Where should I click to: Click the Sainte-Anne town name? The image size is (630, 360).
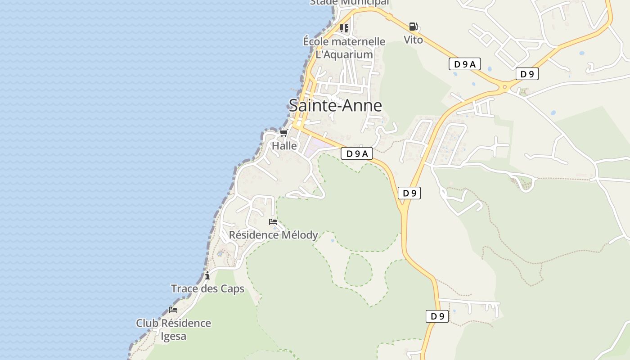tap(335, 105)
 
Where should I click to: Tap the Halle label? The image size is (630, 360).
tap(284, 146)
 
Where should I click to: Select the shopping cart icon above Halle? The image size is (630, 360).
tap(283, 133)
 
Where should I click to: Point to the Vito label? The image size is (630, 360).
tap(413, 40)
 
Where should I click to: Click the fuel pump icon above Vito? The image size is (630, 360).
tap(413, 27)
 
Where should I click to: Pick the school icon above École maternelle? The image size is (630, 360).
tap(344, 28)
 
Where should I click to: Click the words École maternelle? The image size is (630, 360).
tap(344, 41)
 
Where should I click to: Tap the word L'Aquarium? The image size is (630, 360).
tap(344, 54)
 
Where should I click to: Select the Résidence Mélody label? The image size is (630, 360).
tap(273, 235)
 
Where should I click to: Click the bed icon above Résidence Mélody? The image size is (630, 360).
tap(273, 222)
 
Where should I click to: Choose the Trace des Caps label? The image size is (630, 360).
tap(207, 288)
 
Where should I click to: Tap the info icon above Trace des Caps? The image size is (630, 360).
tap(207, 275)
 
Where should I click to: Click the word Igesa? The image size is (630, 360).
tap(173, 336)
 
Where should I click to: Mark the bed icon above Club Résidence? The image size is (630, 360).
tap(173, 310)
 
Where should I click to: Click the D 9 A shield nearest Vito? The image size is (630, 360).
tap(464, 64)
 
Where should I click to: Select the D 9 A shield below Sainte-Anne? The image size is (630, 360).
tap(357, 153)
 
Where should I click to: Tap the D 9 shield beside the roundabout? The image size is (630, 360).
tap(527, 74)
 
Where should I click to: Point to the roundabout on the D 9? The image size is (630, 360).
tap(505, 86)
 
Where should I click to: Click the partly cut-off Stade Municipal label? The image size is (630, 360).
tap(349, 3)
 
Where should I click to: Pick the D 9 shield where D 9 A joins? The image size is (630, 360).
tap(409, 193)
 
